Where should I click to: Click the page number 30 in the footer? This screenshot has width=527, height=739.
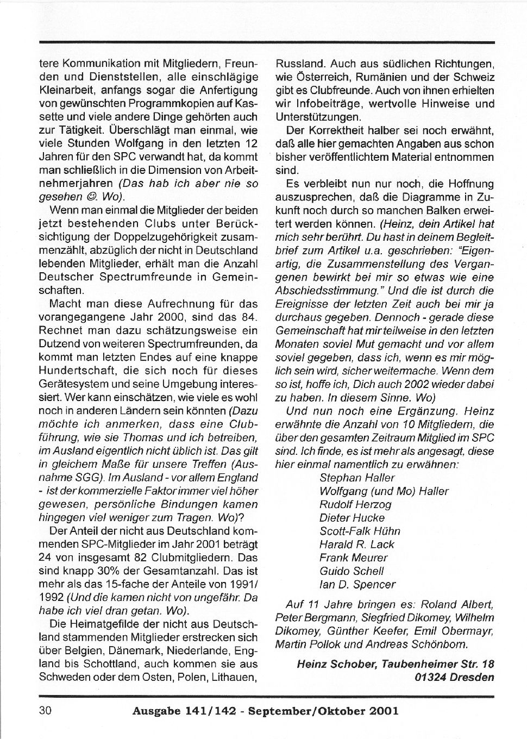pyautogui.click(x=45, y=711)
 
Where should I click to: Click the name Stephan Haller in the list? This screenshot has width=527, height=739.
pyautogui.click(x=357, y=478)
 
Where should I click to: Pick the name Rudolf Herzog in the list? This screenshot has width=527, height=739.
pyautogui.click(x=355, y=504)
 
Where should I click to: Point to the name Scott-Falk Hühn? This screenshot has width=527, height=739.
pyautogui.click(x=360, y=531)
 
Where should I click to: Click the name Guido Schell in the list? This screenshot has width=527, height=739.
pyautogui.click(x=352, y=571)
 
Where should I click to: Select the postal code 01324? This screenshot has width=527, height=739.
pyautogui.click(x=431, y=677)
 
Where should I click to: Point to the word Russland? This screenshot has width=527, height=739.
pyautogui.click(x=300, y=64)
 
